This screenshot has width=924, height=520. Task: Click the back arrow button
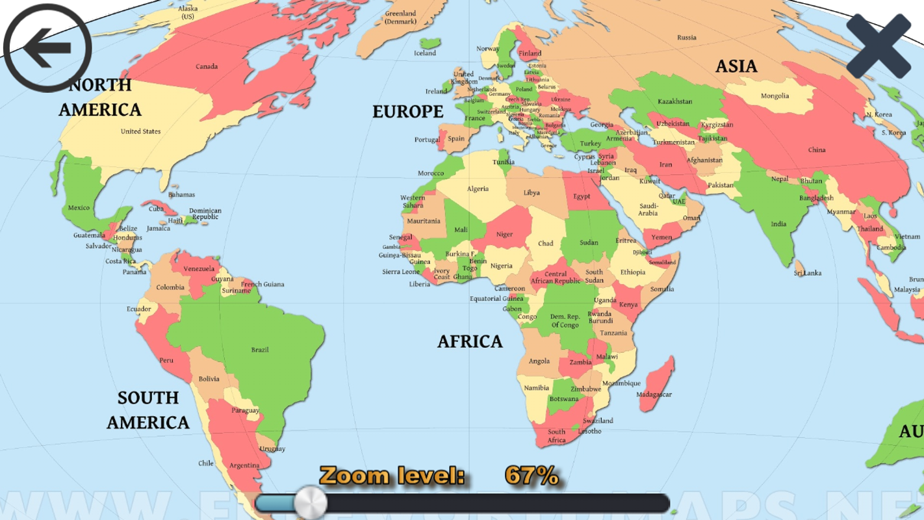(x=47, y=47)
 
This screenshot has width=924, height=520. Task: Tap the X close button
(x=879, y=45)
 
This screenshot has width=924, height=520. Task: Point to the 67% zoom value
(x=531, y=476)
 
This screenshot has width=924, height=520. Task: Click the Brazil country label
(x=259, y=350)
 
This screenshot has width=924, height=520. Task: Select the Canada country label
(x=207, y=66)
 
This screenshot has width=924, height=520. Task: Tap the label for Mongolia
(x=775, y=96)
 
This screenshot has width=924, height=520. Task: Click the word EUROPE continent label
(x=407, y=112)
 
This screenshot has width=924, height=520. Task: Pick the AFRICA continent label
(x=470, y=341)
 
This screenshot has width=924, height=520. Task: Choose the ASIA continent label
(x=736, y=66)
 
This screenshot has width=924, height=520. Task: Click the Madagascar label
(x=654, y=395)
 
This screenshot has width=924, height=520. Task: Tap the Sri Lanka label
(x=808, y=273)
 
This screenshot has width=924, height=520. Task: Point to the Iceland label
(x=425, y=53)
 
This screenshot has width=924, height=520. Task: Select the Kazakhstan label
(x=674, y=101)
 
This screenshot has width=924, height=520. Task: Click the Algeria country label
(x=478, y=188)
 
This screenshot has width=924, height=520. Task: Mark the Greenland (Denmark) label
(x=400, y=17)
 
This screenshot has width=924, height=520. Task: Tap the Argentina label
(x=244, y=465)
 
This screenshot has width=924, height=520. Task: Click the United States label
(x=140, y=131)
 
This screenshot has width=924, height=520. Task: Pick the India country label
(x=778, y=224)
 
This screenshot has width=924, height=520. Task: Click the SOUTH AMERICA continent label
(x=148, y=410)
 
